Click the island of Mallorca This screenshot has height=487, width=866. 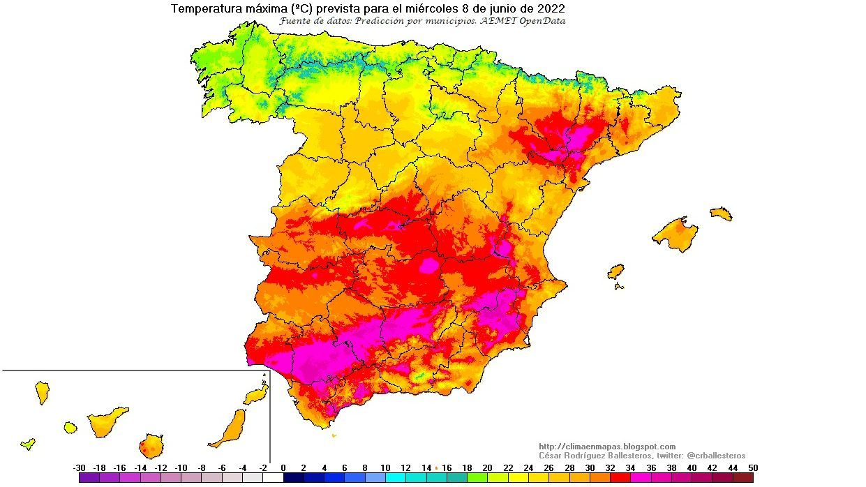pyautogui.click(x=675, y=234)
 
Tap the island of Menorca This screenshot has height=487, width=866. pyautogui.click(x=721, y=213)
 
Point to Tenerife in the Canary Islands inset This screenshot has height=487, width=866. pyautogui.click(x=107, y=421)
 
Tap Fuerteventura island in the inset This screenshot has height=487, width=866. pyautogui.click(x=231, y=427)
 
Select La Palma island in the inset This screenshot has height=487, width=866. pyautogui.click(x=42, y=392)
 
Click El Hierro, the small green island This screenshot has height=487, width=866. pyautogui.click(x=28, y=443)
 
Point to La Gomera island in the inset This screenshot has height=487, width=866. pyautogui.click(x=70, y=426)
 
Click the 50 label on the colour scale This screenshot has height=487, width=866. pyautogui.click(x=752, y=467)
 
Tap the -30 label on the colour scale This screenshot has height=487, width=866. pyautogui.click(x=80, y=467)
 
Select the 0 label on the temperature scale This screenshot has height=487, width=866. pyautogui.click(x=283, y=467)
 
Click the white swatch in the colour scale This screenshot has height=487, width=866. pyautogui.click(x=273, y=478)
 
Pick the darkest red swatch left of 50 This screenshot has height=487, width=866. pyautogui.click(x=743, y=478)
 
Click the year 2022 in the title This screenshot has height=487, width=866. pyautogui.click(x=551, y=9)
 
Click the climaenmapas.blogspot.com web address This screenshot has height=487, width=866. pyautogui.click(x=607, y=447)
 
